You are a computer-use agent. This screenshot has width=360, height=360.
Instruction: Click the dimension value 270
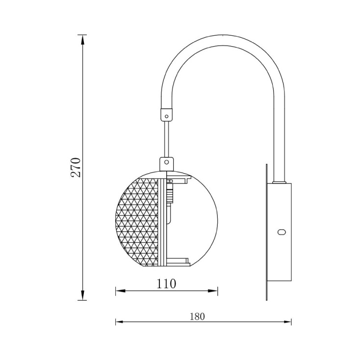pos(75,168)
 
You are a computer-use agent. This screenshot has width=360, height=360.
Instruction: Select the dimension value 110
pos(166,283)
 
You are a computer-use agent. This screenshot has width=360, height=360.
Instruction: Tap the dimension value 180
pos(197,316)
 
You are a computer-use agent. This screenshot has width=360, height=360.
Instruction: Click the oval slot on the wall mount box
pos(281,232)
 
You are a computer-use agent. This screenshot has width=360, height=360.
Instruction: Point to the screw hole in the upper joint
pos(167,116)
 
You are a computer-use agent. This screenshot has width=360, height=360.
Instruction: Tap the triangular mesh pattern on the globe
pos(137,221)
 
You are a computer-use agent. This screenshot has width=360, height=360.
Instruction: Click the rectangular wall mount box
pos(280,232)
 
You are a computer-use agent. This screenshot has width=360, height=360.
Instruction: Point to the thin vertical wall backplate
pos(266,231)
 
